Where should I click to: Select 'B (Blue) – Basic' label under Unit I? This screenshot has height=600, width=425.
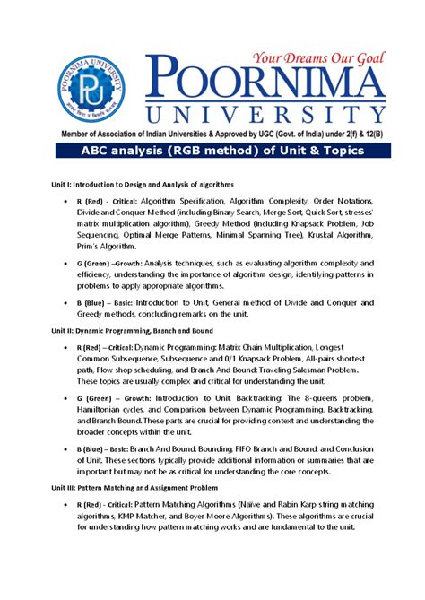[x=108, y=303]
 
